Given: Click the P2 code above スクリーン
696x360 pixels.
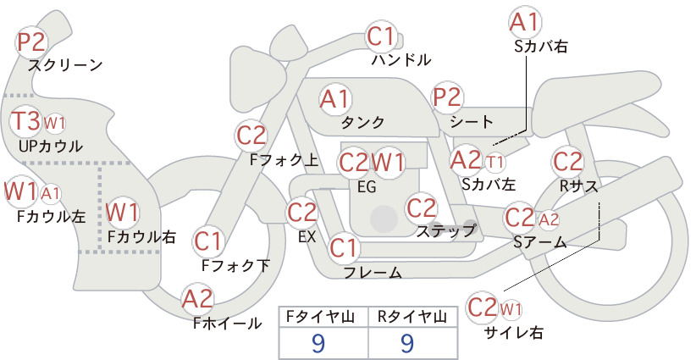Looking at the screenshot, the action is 31,42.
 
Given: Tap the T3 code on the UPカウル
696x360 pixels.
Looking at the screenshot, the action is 25,121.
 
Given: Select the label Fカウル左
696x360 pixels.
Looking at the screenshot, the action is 51,216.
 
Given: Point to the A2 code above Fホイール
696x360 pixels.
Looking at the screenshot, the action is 197,298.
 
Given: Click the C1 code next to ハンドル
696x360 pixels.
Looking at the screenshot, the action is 380,36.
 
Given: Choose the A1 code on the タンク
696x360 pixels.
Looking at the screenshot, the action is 334,99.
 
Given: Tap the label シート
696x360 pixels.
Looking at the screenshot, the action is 472,121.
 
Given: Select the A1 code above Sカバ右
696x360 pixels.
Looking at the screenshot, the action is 525,23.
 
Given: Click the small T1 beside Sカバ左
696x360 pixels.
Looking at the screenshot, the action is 494,162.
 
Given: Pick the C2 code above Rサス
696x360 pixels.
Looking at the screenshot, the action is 567,162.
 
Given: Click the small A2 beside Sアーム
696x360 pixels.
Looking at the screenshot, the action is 549,219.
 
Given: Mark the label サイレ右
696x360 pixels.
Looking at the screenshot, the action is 515,332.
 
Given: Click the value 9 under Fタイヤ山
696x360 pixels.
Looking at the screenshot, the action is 318,343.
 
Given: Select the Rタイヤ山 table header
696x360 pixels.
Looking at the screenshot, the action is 412,317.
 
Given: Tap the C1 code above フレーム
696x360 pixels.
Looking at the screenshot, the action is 343,247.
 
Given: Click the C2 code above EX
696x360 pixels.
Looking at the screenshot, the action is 301,213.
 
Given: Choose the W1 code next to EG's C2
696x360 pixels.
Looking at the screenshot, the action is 388,162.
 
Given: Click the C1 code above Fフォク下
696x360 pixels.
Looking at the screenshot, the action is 207,241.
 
